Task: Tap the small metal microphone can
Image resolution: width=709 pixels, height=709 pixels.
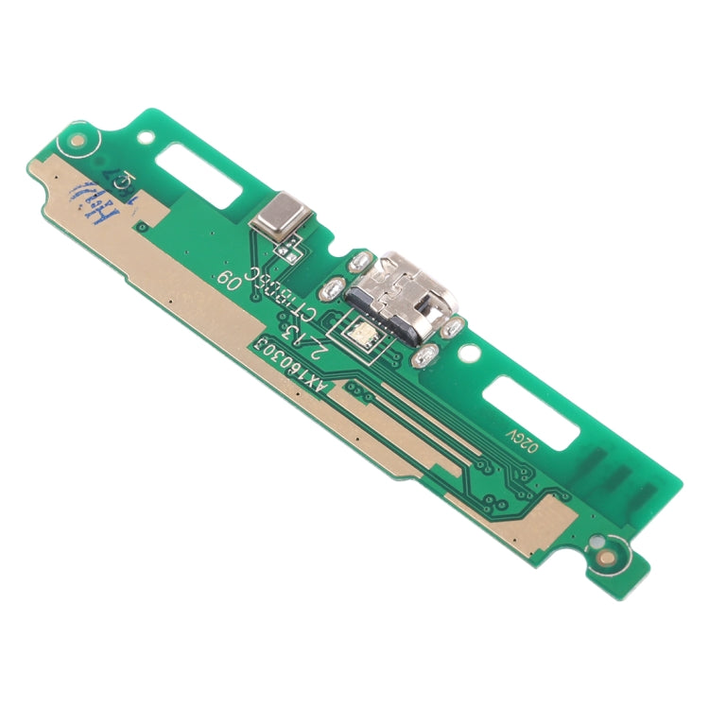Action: [277, 217]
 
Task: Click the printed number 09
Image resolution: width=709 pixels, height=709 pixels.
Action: [230, 279]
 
